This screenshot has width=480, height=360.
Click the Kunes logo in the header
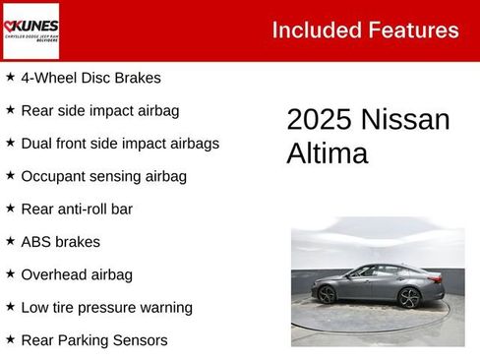coord(30,30)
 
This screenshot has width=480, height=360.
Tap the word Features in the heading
coord(413,30)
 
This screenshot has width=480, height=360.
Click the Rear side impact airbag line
coord(99,110)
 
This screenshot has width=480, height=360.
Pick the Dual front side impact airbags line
coord(120,143)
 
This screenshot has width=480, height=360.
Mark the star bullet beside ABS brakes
coord(10,241)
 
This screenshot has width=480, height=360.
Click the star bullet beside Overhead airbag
coord(10,273)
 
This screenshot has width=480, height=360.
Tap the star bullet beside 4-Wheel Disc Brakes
coord(10,77)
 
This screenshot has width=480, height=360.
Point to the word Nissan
coord(405,120)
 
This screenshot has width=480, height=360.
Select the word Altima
coord(327,153)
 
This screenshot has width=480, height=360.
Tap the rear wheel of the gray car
coord(410,297)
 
